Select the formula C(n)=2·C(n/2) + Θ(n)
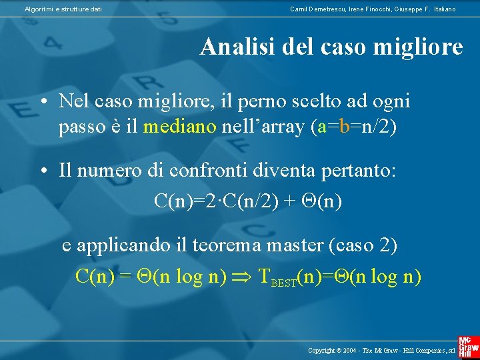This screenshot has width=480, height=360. tap(248, 200)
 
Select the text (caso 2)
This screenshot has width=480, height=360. tap(363, 245)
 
